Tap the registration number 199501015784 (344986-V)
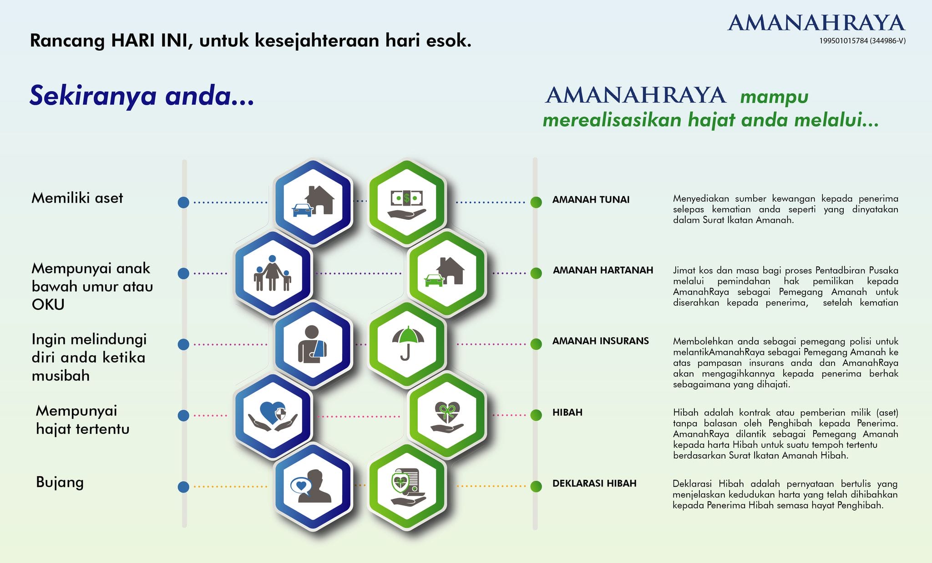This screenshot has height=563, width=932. tap(862, 41)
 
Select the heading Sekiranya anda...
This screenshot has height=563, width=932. tap(142, 96)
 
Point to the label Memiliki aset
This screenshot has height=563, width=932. tap(77, 198)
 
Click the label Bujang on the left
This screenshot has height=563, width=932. tap(60, 482)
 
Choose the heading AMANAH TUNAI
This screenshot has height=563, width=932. tap(591, 199)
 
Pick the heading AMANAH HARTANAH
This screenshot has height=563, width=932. tap(603, 270)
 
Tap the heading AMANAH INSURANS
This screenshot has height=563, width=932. tap(600, 341)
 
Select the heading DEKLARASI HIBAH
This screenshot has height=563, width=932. tap(594, 483)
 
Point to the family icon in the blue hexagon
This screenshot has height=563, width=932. tap(272, 273)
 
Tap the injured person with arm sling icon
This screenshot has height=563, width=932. tap(313, 345)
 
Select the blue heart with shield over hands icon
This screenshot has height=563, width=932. tap(272, 416)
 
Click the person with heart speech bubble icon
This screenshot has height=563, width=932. tap(312, 486)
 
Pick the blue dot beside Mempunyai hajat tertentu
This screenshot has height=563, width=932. tap(183, 415)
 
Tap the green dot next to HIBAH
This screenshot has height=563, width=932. tap(536, 415)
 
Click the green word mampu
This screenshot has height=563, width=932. tap(774, 97)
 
